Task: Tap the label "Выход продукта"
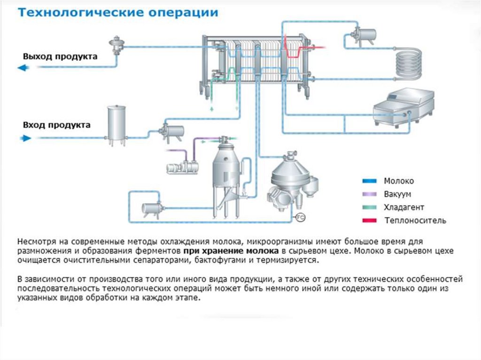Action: pos(60,57)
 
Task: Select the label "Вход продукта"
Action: pos(56,125)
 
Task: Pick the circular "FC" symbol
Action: pos(300,216)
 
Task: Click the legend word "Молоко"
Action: pos(399,181)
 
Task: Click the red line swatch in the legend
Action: pos(371,220)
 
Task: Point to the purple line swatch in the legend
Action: pos(371,194)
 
